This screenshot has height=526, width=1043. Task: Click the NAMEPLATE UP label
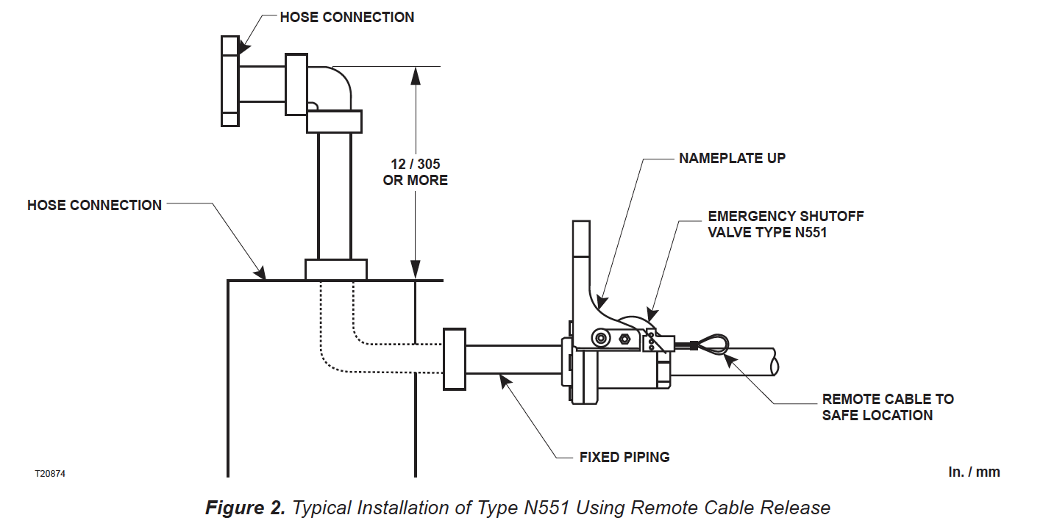pyautogui.click(x=732, y=158)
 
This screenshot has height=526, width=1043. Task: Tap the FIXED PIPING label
pyautogui.click(x=624, y=457)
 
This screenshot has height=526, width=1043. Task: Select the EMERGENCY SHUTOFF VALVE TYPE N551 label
pyautogui.click(x=786, y=224)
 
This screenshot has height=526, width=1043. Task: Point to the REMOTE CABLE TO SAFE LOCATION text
pyautogui.click(x=888, y=407)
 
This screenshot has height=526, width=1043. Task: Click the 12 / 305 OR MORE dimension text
pyautogui.click(x=416, y=172)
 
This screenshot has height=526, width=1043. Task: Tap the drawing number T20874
pyautogui.click(x=50, y=473)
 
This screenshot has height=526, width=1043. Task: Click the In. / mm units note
pyautogui.click(x=974, y=472)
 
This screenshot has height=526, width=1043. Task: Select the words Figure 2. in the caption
pyautogui.click(x=246, y=508)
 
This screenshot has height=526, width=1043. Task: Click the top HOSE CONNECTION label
pyautogui.click(x=347, y=17)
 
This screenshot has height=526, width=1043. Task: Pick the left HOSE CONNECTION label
pyautogui.click(x=95, y=205)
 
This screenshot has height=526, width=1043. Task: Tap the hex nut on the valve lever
pyautogui.click(x=624, y=339)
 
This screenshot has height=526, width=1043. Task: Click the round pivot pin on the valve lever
pyautogui.click(x=601, y=338)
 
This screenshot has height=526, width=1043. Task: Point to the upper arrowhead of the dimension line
pyautogui.click(x=416, y=76)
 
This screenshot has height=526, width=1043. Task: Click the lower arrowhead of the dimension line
pyautogui.click(x=416, y=270)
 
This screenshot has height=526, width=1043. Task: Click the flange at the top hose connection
pyautogui.click(x=230, y=81)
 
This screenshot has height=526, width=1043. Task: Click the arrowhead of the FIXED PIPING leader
pyautogui.click(x=505, y=381)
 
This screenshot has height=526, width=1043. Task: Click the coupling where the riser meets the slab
pyautogui.click(x=335, y=270)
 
